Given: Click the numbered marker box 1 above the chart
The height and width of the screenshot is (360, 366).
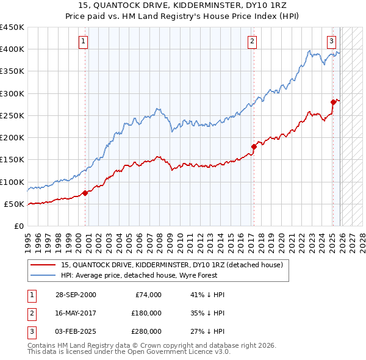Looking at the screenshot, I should tap(83, 41).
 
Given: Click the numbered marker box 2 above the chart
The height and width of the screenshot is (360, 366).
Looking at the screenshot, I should tap(252, 41).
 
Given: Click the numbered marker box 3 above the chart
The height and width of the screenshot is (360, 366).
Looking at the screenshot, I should tap(331, 41).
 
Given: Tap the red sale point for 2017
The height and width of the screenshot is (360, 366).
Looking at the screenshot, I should tap(254, 146).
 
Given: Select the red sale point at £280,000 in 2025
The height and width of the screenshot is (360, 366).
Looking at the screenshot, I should tap(333, 102).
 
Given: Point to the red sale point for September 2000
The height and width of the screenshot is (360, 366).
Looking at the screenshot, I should tap(85, 193).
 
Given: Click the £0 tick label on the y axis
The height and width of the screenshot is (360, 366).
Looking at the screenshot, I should tap(18, 226).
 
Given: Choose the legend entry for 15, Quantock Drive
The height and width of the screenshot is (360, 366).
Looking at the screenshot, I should tap(171, 265).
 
